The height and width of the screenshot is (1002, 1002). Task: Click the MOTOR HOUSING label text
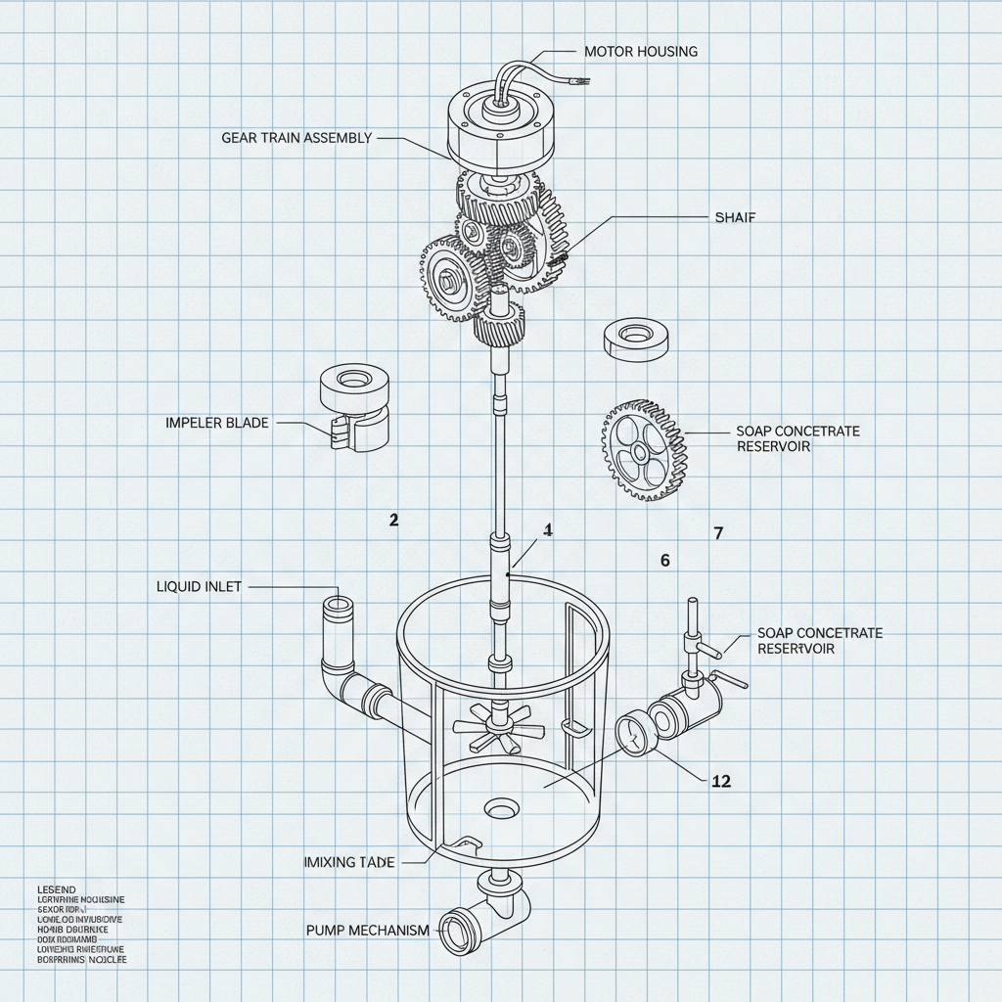pos(640,51)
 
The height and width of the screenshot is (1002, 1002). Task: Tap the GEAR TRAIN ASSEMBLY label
pos(296,138)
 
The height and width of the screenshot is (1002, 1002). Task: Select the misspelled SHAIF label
pos(736,217)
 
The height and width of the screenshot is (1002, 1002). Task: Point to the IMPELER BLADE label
pos(217,423)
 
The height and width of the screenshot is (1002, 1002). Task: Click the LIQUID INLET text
pos(199,587)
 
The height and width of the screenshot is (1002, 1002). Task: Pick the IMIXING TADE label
pos(349,862)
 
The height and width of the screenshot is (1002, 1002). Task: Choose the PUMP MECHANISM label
pos(367,930)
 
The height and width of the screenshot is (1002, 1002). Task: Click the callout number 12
pos(722,781)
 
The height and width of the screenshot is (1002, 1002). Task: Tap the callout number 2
pos(393,521)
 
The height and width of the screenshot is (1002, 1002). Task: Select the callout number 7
pos(718,533)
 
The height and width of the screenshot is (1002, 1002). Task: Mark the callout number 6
pos(665,561)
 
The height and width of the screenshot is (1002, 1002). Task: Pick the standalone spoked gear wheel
pos(642,450)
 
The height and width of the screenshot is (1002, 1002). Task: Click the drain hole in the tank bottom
pos(502,809)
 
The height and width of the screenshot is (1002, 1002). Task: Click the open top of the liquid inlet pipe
pos(339,604)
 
